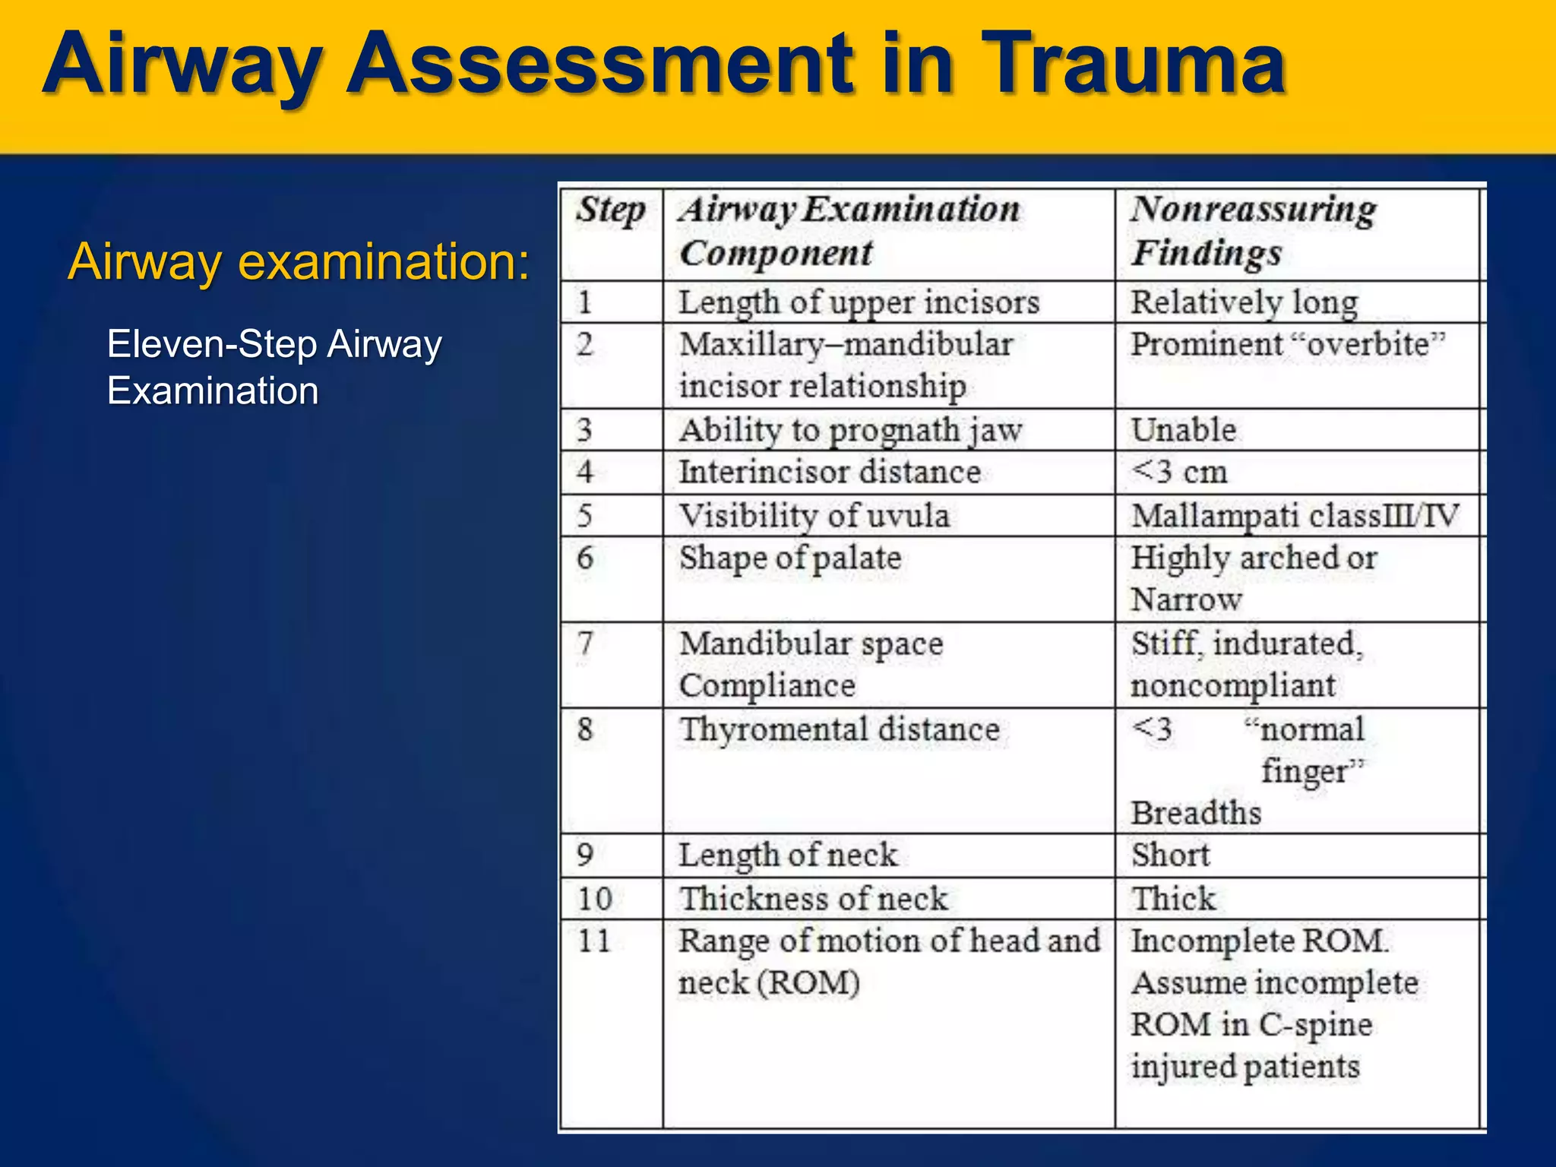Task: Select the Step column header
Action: click(x=610, y=210)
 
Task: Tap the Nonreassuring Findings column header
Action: click(x=1252, y=231)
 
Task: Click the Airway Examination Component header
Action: click(x=849, y=231)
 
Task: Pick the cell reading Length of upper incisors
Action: click(x=859, y=302)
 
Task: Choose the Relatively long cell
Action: click(x=1244, y=302)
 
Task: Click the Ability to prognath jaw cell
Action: click(x=851, y=430)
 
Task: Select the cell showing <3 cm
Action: click(x=1179, y=472)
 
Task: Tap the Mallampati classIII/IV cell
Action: click(x=1295, y=516)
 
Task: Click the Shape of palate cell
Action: click(x=790, y=558)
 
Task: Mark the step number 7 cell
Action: click(x=585, y=644)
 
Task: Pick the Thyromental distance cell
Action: click(x=839, y=729)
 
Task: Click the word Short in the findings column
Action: click(x=1170, y=855)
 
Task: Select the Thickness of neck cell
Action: click(x=813, y=899)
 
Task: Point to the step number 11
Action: click(x=594, y=941)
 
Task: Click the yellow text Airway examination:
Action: click(x=299, y=261)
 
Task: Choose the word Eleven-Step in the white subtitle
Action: click(x=211, y=344)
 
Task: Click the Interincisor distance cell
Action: click(x=830, y=472)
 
